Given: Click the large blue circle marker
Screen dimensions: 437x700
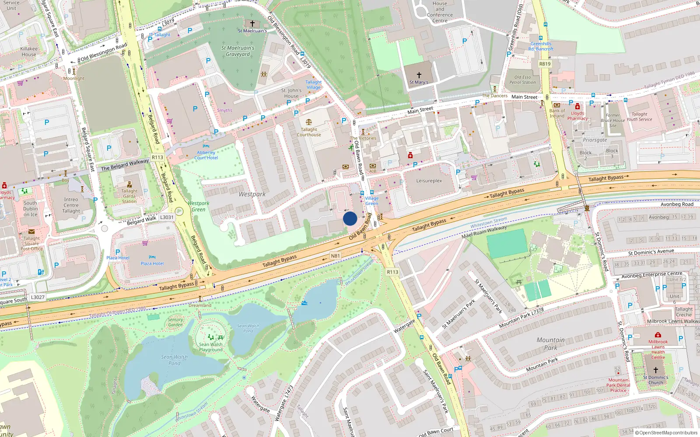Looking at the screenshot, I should (350, 218).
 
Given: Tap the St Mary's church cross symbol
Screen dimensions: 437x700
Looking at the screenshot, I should (419, 75).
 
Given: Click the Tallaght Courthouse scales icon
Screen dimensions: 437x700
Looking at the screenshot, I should (309, 122).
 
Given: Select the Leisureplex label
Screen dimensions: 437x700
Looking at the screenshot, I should (429, 180).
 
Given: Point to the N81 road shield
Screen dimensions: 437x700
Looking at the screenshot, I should (335, 256).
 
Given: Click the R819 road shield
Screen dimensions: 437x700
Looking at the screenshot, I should (545, 64).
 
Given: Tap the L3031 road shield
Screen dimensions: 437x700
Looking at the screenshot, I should (167, 217).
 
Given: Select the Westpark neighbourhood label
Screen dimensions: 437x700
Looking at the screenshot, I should (252, 194).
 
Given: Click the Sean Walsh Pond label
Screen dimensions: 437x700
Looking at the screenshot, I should (174, 360).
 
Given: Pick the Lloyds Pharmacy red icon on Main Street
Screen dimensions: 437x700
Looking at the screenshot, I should (577, 107).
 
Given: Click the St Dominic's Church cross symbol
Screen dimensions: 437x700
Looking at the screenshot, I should (655, 370).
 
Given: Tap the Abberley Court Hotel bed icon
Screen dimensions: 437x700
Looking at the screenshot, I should (206, 146).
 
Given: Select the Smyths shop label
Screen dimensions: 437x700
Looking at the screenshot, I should (224, 111).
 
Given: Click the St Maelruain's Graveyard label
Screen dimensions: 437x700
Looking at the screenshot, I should (238, 51).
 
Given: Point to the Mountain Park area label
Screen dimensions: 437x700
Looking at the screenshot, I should (550, 343).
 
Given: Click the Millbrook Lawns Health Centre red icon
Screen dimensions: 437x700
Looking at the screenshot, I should (658, 335).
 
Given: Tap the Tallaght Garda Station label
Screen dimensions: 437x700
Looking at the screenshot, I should (129, 196).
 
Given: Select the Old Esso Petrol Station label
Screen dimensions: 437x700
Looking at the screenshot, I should (522, 80).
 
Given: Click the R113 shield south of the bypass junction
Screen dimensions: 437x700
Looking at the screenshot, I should (392, 272).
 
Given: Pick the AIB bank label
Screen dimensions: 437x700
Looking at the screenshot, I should (373, 171).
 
